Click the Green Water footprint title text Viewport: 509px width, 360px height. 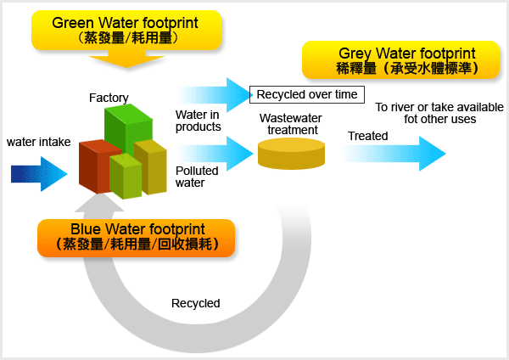pyautogui.click(x=125, y=23)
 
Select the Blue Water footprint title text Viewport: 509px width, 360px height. pyautogui.click(x=136, y=228)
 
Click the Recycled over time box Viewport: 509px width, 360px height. pyautogui.click(x=307, y=93)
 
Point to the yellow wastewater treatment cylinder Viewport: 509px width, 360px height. pyautogui.click(x=291, y=154)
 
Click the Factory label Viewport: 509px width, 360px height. pyautogui.click(x=109, y=98)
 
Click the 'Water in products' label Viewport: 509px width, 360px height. pyautogui.click(x=198, y=121)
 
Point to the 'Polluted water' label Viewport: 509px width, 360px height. pyautogui.click(x=197, y=176)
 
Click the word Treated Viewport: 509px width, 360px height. pyautogui.click(x=367, y=136)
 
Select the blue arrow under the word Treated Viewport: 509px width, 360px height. pyautogui.click(x=394, y=154)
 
